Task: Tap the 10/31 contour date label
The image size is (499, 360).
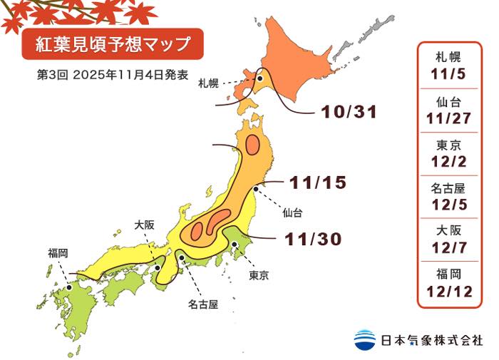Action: point(348,112)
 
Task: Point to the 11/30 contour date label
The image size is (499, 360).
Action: point(314,239)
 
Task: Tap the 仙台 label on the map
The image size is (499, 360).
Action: point(292,212)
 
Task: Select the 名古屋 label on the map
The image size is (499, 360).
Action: point(202,304)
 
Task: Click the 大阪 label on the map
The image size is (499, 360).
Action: point(144,225)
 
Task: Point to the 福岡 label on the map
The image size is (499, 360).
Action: point(58,252)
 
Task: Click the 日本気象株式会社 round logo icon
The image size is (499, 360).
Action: point(365,339)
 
